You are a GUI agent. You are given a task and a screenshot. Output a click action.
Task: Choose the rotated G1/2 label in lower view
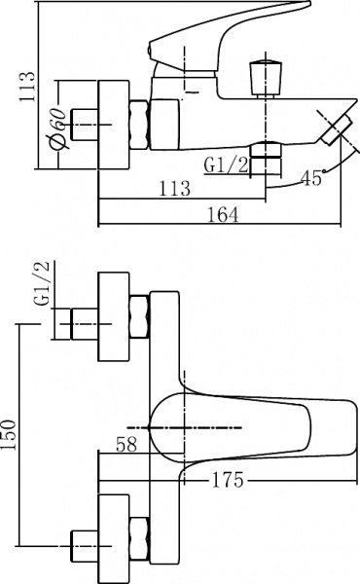(x=41, y=282)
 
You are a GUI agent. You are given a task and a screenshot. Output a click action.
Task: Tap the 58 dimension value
(x=126, y=445)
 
